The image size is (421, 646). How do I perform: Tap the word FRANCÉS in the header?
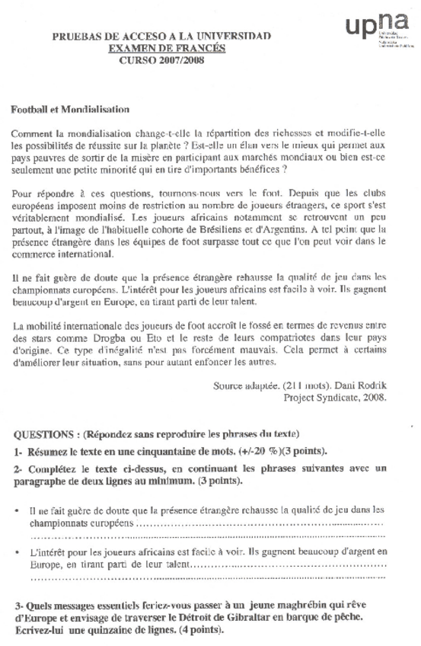pos(206,47)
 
